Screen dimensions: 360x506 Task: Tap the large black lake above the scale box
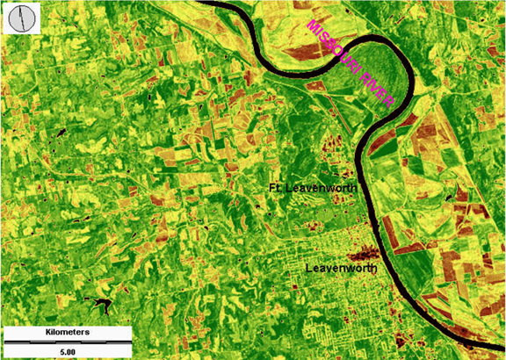point(99,306)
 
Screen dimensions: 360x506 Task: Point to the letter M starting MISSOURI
point(310,24)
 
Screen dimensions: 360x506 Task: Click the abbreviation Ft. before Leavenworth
point(275,188)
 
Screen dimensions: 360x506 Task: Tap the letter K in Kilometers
point(47,334)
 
